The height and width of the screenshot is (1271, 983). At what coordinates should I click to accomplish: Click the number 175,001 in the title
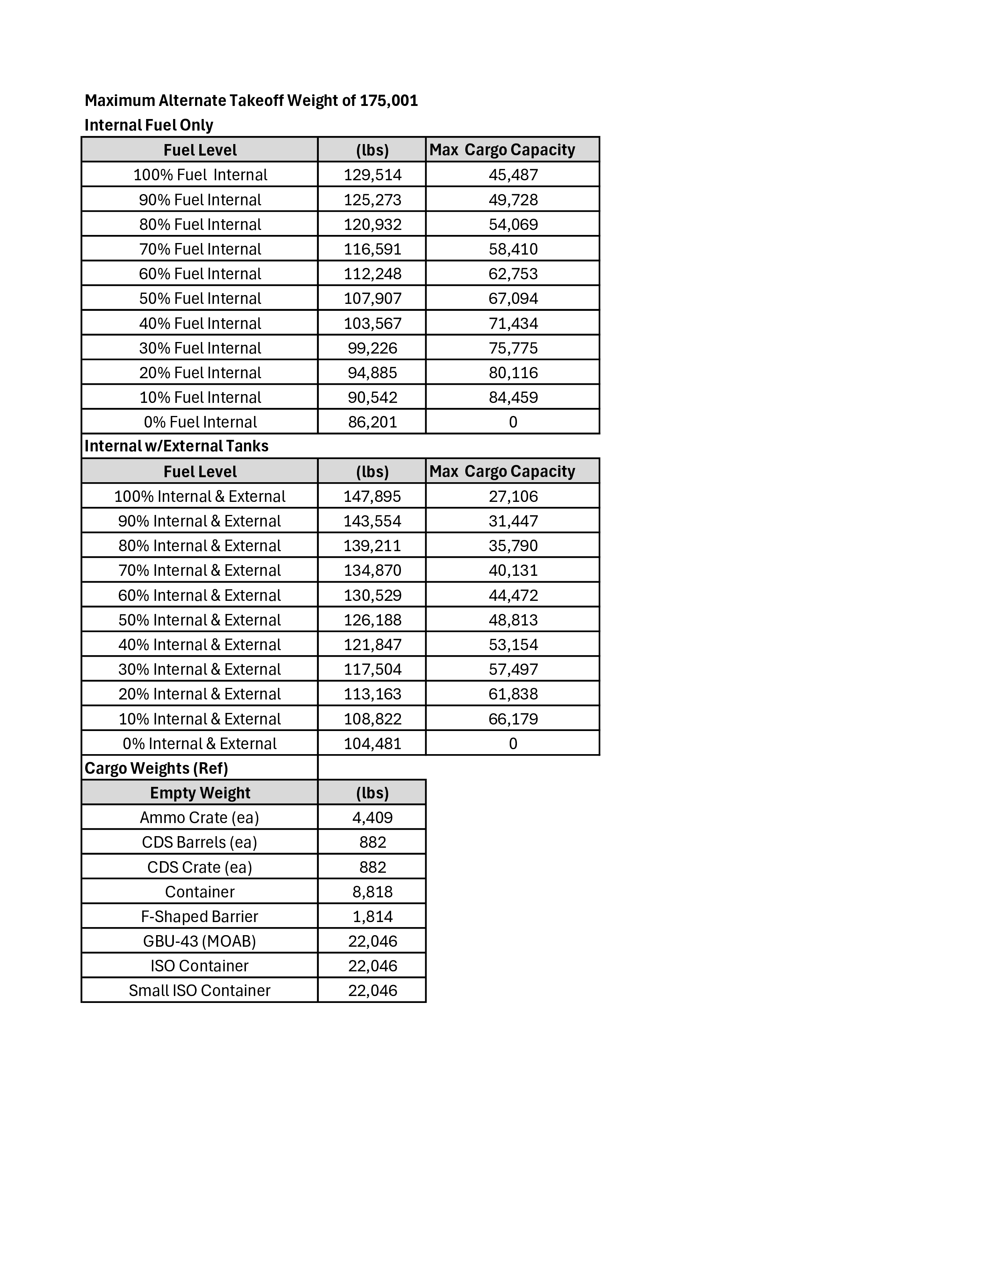point(389,101)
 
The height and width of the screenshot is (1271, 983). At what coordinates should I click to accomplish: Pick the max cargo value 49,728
point(513,200)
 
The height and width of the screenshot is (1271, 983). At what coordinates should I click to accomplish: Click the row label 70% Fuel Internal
point(200,249)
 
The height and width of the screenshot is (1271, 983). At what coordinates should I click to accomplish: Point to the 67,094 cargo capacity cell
point(513,298)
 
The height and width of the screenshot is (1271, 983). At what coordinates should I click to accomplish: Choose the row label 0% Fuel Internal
point(200,422)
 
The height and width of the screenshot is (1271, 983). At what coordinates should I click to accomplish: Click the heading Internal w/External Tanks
point(177,446)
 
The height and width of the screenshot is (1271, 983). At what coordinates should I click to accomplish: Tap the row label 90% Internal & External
point(200,521)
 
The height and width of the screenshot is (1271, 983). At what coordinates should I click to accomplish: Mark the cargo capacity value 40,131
point(513,570)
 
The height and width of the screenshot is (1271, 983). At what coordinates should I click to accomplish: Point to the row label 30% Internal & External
point(200,669)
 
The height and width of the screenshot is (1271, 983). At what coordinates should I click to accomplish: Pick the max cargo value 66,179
point(513,719)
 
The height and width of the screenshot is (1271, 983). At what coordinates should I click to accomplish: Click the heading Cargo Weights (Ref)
point(156,768)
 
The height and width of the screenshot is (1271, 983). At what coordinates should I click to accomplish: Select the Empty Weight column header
point(200,793)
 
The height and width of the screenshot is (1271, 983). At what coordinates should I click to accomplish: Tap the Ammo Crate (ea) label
point(200,818)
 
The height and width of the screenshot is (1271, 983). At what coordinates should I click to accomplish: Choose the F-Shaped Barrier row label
point(200,917)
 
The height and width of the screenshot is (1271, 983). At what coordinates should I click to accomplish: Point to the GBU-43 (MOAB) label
point(200,941)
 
